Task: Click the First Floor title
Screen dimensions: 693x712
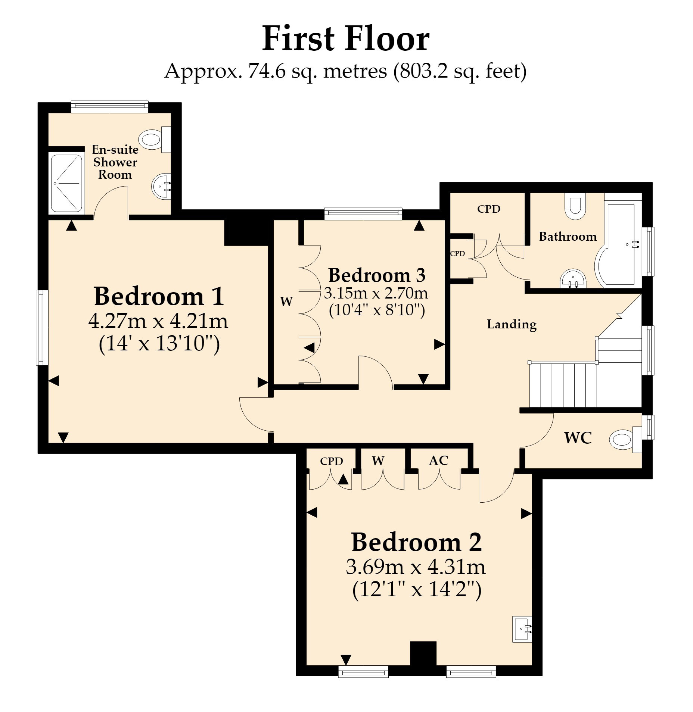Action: (x=345, y=39)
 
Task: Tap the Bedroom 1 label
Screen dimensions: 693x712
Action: (x=159, y=296)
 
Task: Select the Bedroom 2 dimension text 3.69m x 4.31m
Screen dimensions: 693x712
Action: (x=416, y=567)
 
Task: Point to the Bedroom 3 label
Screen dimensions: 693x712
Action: (x=377, y=275)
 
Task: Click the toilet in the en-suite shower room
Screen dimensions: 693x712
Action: (x=155, y=140)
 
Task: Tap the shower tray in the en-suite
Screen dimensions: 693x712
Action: (x=66, y=183)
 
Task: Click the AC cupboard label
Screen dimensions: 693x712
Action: (x=438, y=460)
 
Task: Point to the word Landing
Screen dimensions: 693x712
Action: (x=512, y=324)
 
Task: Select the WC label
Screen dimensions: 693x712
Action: (x=578, y=438)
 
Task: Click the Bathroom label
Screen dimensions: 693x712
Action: (x=568, y=236)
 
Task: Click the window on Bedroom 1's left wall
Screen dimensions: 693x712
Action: (x=42, y=327)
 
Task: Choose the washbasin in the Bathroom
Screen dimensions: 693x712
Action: (x=573, y=279)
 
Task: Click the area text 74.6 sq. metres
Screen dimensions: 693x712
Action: (x=317, y=71)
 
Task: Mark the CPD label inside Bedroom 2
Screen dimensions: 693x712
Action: (x=331, y=461)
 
